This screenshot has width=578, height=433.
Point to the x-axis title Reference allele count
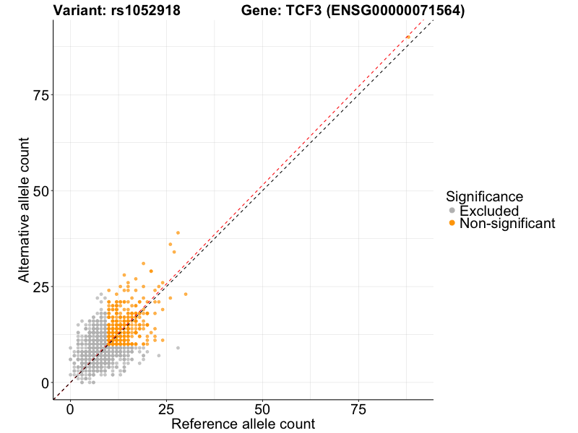243,424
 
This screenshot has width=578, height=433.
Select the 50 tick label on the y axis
40,191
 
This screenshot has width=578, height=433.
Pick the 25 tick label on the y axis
40,287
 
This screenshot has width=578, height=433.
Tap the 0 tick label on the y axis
45,382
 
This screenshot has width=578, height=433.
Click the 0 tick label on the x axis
70,409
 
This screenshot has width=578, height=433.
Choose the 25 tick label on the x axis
166,409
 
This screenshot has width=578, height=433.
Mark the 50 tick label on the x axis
262,409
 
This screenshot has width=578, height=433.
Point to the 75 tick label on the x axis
358,409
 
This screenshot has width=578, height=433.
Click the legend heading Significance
484,196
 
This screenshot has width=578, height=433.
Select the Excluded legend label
489,211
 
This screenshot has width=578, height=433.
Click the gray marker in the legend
452,211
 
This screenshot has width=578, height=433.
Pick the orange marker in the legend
452,224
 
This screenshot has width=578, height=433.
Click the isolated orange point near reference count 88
408,37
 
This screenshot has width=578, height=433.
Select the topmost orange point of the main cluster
178,233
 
